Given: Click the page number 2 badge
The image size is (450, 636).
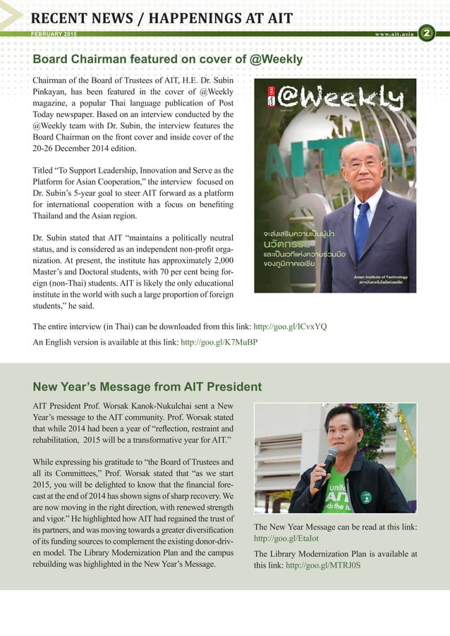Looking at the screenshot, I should coord(427,33).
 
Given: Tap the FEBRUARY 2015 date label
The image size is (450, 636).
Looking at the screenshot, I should coord(55,35).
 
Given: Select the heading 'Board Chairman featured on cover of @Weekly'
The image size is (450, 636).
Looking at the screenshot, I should coord(168,59).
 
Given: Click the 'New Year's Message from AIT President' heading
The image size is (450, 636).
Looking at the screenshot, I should coord(147,386).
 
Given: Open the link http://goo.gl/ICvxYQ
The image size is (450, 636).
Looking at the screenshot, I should coord(290,327).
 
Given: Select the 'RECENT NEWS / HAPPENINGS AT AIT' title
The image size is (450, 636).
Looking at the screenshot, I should coord(162,18).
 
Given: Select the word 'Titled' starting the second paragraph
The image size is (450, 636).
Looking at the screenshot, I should coord(44,171).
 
